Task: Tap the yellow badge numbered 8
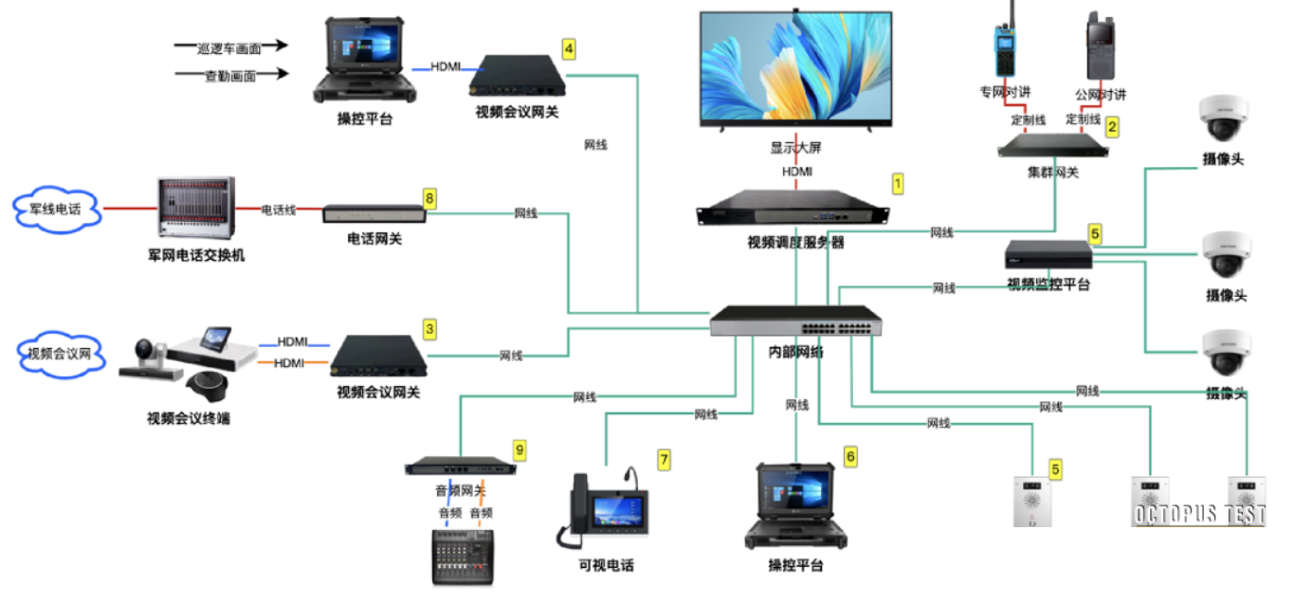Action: [x=429, y=197]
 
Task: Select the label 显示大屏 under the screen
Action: [x=795, y=149]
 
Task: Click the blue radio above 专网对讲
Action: [x=1003, y=45]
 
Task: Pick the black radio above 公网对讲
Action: [x=1100, y=47]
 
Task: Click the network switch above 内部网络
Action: [x=796, y=322]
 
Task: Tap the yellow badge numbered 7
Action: [x=664, y=460]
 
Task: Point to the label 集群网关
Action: [x=1052, y=172]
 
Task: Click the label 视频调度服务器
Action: [x=795, y=243]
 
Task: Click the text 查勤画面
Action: [x=229, y=76]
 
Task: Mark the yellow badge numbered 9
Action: [x=518, y=448]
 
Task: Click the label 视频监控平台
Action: [x=1048, y=284]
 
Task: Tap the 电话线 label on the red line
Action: [x=278, y=210]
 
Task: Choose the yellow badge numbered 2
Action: [x=1113, y=124]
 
